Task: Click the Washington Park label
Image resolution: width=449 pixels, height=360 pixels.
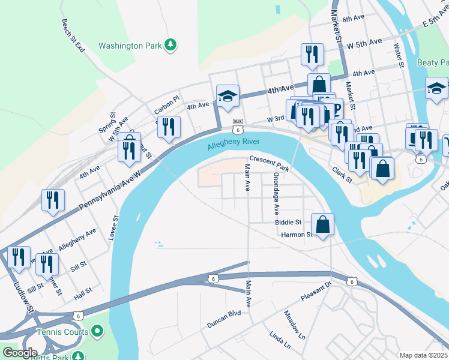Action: tap(130, 46)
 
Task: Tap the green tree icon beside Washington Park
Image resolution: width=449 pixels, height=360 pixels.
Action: tap(171, 45)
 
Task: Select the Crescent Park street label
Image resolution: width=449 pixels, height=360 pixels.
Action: tap(270, 164)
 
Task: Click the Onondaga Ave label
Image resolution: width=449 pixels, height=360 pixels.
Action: tap(276, 194)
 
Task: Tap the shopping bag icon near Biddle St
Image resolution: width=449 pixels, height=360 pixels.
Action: tap(322, 224)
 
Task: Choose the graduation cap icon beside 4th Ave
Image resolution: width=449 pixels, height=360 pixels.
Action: tap(228, 96)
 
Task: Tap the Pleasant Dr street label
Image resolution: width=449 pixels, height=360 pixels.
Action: tap(316, 292)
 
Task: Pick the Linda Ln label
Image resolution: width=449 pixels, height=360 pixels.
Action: tap(280, 339)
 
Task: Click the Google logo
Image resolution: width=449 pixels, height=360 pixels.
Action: tap(19, 353)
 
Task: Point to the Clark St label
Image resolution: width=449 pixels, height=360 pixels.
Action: tap(342, 175)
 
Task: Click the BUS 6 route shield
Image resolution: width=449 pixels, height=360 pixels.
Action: tap(238, 125)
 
